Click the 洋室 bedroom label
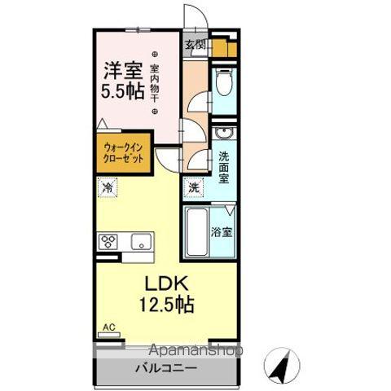[x=122, y=71]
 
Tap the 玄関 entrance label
[x=194, y=46]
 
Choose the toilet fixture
[x=226, y=84]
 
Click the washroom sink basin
[x=226, y=134]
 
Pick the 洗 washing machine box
[x=194, y=187]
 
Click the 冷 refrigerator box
[x=108, y=188]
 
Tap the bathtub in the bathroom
[x=196, y=234]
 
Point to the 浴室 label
[x=222, y=231]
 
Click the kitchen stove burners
[x=109, y=241]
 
